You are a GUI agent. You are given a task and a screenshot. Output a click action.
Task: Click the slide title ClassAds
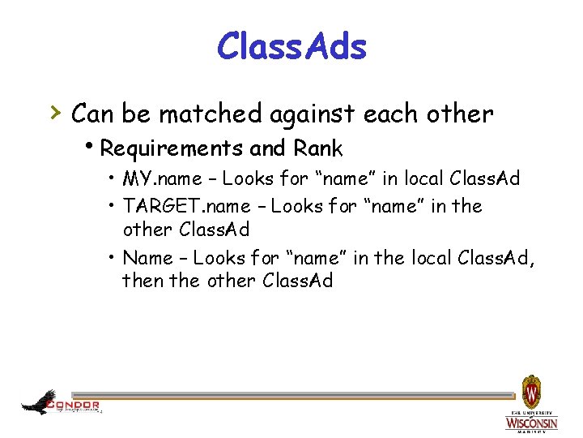(x=291, y=46)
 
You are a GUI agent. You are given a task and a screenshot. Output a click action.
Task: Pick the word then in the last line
(x=140, y=281)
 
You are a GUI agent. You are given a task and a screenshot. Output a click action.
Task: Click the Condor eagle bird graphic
(x=39, y=401)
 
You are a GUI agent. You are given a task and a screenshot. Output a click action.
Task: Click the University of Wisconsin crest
(x=531, y=393)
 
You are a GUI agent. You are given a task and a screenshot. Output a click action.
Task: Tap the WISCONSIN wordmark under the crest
(x=531, y=423)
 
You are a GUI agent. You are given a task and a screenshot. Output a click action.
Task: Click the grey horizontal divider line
(x=308, y=395)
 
